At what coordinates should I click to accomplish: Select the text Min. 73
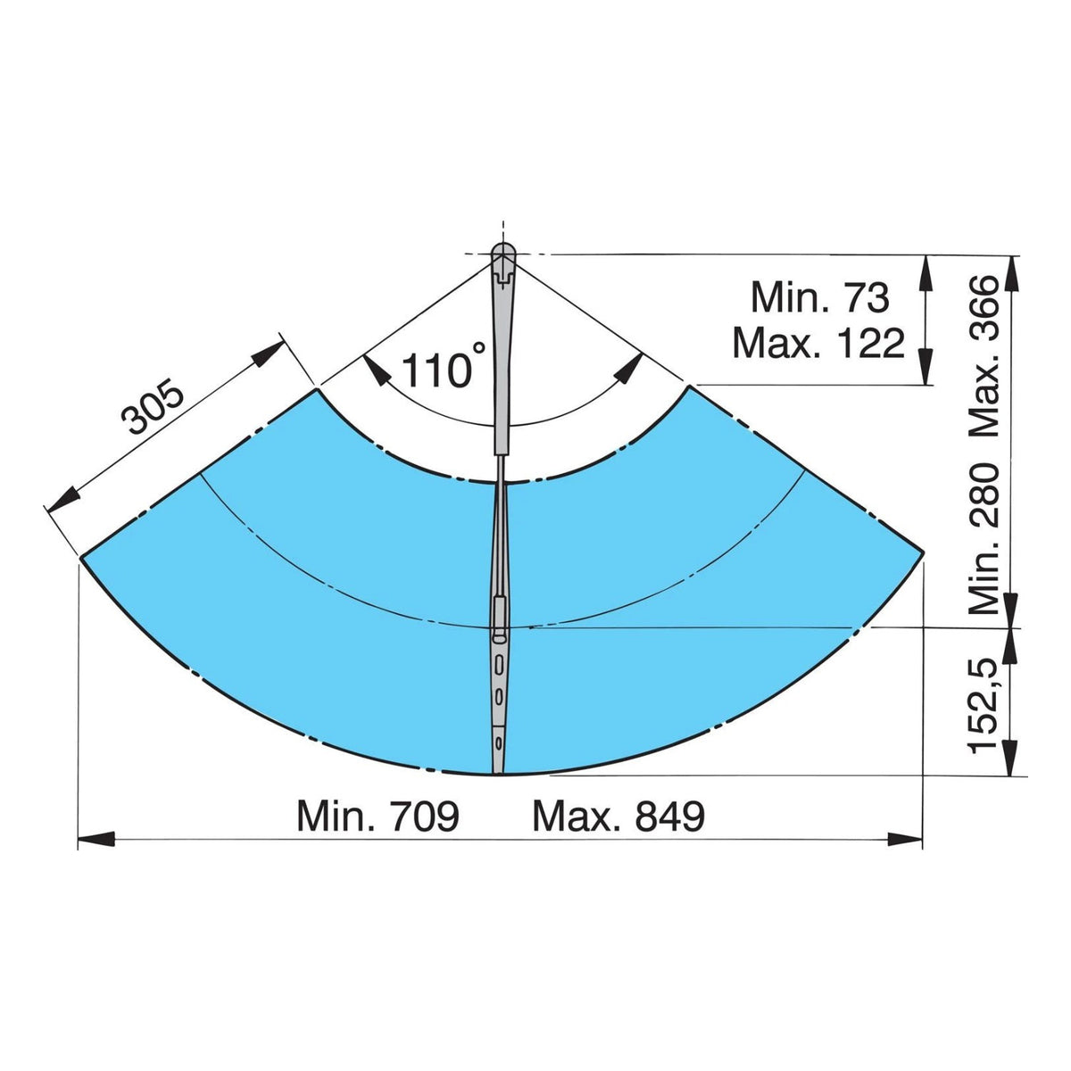tap(819, 298)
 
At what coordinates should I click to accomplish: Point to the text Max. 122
tap(819, 343)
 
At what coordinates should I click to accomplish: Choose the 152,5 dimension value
tap(984, 705)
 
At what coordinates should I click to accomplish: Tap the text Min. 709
tap(378, 816)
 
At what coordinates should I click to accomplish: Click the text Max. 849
tap(619, 816)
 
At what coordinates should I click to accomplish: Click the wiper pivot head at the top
tap(503, 255)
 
